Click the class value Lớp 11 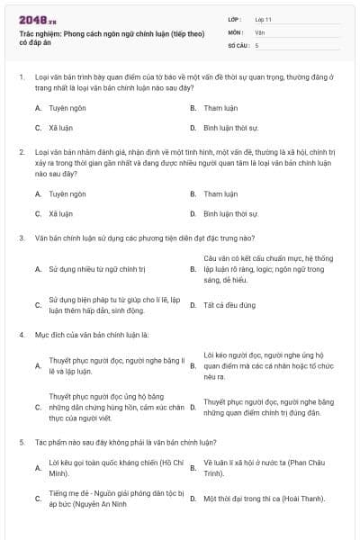pos(264,19)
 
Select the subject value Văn pos(259,31)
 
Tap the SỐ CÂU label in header pos(238,45)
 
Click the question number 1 pos(21,77)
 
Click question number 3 pos(21,238)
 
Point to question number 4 pos(21,335)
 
